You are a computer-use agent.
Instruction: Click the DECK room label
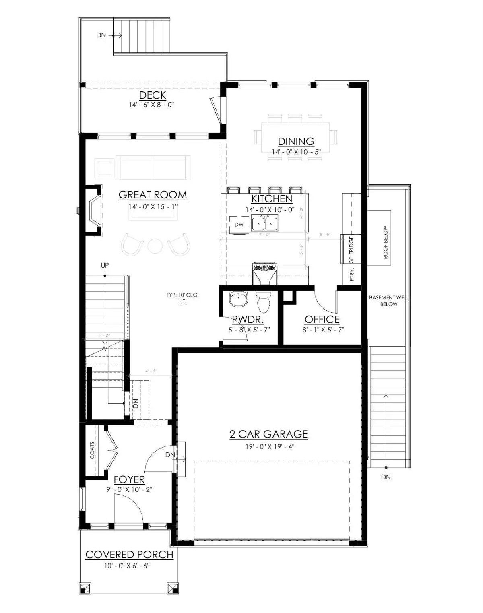152,95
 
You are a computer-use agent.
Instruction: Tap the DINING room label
296,141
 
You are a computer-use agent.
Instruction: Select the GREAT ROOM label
153,195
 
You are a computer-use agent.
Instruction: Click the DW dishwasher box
239,225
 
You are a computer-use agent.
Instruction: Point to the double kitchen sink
264,223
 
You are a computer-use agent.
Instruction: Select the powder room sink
239,299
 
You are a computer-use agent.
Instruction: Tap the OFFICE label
322,320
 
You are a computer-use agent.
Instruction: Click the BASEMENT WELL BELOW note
389,301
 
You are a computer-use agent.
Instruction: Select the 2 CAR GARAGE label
268,434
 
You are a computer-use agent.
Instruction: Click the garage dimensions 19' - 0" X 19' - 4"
268,446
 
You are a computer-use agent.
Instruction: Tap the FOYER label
129,479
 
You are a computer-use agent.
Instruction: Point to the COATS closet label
93,451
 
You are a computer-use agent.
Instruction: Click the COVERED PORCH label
129,554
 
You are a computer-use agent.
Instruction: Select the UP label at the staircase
105,265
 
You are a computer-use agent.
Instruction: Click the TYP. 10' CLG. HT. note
182,298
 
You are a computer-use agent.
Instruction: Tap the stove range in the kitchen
264,273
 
